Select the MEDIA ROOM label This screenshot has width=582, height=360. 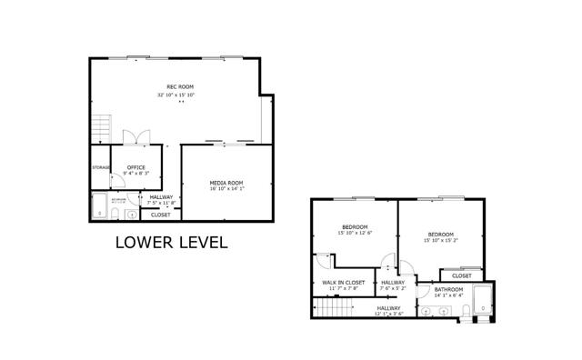[x=226, y=183]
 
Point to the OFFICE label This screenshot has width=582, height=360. [x=136, y=167]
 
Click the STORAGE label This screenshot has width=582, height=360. [x=101, y=167]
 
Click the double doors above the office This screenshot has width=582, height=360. [x=136, y=137]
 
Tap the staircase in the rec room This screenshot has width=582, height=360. [x=102, y=126]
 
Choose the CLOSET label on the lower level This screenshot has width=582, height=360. [x=160, y=215]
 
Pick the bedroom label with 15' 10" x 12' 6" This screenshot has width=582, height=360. [x=355, y=226]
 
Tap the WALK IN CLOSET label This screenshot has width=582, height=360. [x=344, y=283]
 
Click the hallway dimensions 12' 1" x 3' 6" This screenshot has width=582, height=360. [x=388, y=314]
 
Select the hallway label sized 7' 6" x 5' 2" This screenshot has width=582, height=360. [x=393, y=283]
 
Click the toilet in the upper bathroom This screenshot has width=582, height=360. [x=465, y=312]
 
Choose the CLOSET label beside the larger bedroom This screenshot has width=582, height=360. [x=462, y=275]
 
